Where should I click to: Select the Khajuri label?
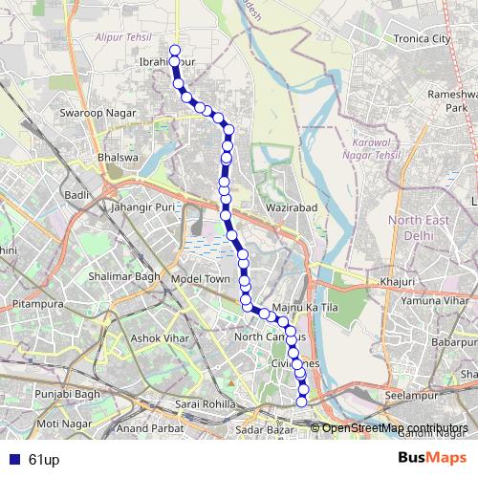pyautogui.click(x=397, y=282)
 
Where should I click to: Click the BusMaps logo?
pyautogui.click(x=433, y=459)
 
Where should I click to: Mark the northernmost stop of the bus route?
pyautogui.click(x=174, y=51)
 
